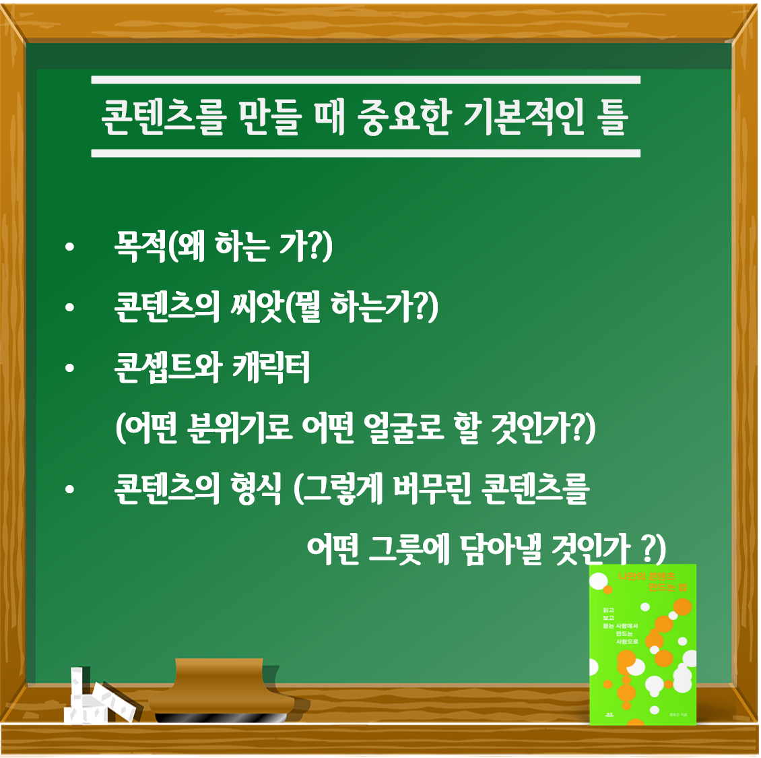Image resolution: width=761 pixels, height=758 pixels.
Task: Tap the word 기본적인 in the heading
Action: (x=525, y=118)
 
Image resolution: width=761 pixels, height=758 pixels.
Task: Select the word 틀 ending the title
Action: (x=612, y=118)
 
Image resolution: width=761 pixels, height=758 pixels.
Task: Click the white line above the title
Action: (x=365, y=80)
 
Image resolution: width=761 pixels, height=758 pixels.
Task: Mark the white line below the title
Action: (x=365, y=154)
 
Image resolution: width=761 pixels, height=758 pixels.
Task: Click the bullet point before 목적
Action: (x=69, y=248)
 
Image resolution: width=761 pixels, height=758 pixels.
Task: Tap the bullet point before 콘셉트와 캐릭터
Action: (x=69, y=369)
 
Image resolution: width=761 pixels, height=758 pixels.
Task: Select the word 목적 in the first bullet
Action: (x=141, y=247)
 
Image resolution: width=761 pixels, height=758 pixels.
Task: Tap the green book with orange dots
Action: (x=642, y=645)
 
